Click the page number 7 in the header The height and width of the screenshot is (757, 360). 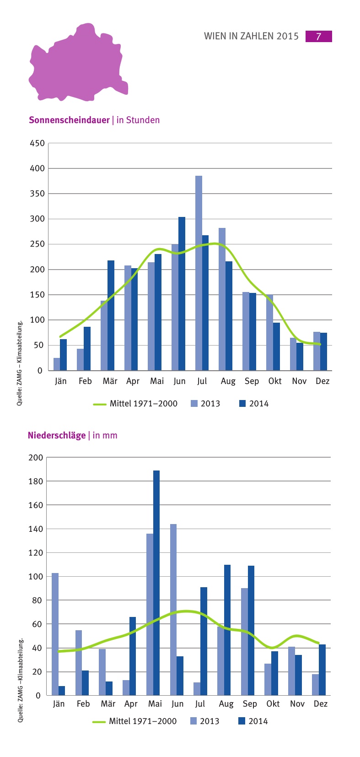click(x=318, y=36)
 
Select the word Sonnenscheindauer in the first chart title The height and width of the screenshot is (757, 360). click(x=69, y=120)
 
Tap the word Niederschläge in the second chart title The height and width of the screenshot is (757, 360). click(x=57, y=435)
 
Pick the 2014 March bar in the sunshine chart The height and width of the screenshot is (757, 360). click(x=111, y=315)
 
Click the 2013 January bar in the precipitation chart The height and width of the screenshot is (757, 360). click(x=55, y=634)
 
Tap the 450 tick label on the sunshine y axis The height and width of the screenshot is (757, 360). click(x=38, y=143)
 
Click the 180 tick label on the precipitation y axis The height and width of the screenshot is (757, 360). click(x=36, y=481)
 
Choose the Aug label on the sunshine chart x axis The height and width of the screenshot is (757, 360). click(x=227, y=381)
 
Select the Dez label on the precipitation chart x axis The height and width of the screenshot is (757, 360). click(x=321, y=704)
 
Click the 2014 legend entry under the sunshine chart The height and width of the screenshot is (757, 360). click(x=254, y=404)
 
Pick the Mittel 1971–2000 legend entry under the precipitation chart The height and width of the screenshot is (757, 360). click(x=134, y=721)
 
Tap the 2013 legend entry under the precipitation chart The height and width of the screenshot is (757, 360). click(x=204, y=721)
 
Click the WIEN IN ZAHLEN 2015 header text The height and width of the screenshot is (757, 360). click(x=251, y=36)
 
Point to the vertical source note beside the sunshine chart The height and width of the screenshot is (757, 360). click(x=20, y=363)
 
